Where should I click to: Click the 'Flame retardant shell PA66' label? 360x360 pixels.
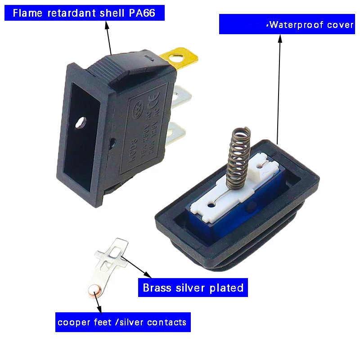84,13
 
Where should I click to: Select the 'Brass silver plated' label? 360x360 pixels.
193,288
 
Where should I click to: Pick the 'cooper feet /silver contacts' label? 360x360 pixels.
122,322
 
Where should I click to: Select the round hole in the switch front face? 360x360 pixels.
81,121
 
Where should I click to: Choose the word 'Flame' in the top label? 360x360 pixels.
25,13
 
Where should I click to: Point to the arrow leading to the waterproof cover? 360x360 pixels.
279,90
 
